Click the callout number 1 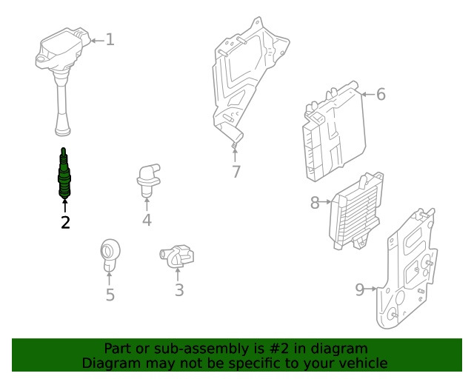tap(110, 40)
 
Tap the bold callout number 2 tap(65, 223)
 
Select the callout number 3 tap(179, 290)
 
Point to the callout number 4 tap(147, 220)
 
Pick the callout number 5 tap(110, 295)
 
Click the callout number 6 tap(381, 94)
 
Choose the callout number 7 tap(236, 172)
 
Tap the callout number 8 tap(315, 203)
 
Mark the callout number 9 tap(360, 289)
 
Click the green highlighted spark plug tap(64, 173)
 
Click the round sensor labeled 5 tap(110, 255)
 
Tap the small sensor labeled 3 tap(177, 257)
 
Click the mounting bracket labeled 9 tap(407, 269)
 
